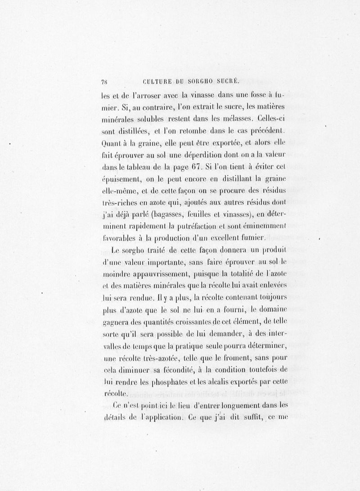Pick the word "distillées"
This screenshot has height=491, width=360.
134,131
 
